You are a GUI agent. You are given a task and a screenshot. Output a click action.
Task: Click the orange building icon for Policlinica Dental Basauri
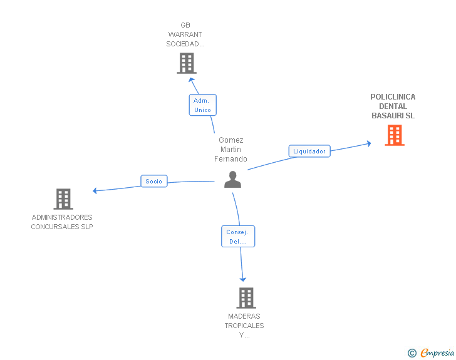pyautogui.click(x=395, y=135)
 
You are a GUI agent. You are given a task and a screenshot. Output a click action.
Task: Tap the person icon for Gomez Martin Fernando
pyautogui.click(x=232, y=180)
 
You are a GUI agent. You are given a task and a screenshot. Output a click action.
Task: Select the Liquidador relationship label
pyautogui.click(x=309, y=152)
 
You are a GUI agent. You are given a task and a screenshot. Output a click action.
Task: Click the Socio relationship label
pyautogui.click(x=154, y=181)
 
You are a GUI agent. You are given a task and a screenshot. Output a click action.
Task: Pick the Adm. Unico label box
pyautogui.click(x=203, y=105)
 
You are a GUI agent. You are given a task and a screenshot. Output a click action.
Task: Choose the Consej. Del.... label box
pyautogui.click(x=238, y=237)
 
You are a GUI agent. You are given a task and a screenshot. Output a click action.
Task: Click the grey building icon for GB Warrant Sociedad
pyautogui.click(x=187, y=63)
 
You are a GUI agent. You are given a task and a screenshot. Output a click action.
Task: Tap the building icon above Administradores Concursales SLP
pyautogui.click(x=63, y=199)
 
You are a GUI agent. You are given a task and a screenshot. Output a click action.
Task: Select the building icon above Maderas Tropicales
pyautogui.click(x=246, y=298)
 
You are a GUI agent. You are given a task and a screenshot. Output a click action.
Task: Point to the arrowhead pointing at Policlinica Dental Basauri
pyautogui.click(x=369, y=143)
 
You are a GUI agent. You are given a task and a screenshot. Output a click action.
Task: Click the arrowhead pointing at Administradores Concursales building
pyautogui.click(x=95, y=191)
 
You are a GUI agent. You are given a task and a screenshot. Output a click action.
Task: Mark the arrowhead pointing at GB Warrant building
pyautogui.click(x=192, y=80)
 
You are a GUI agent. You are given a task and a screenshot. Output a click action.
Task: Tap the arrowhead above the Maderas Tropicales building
pyautogui.click(x=243, y=279)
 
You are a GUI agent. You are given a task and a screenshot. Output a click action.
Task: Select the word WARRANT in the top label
pyautogui.click(x=185, y=34)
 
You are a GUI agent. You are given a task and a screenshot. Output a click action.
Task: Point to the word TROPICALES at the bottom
pyautogui.click(x=244, y=326)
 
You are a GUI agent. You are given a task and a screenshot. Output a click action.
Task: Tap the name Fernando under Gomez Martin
pyautogui.click(x=231, y=159)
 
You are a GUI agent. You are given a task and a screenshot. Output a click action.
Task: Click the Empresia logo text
pyautogui.click(x=437, y=353)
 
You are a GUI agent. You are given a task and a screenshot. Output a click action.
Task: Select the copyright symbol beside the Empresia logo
pyautogui.click(x=412, y=353)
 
